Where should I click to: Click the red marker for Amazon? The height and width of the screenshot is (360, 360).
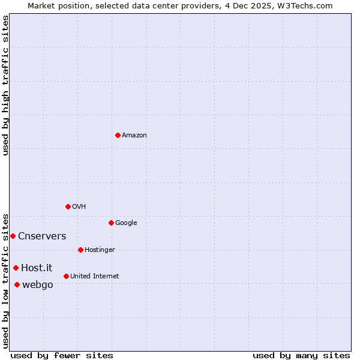click(x=118, y=135)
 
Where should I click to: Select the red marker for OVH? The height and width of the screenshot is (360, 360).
click(x=68, y=206)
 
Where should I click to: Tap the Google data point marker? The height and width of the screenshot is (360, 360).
click(x=111, y=223)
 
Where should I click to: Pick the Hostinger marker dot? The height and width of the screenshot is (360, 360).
click(x=80, y=250)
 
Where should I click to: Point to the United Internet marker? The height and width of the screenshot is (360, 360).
click(x=66, y=276)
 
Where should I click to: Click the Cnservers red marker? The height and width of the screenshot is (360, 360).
click(x=13, y=236)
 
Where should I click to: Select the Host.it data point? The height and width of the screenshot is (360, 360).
click(x=16, y=268)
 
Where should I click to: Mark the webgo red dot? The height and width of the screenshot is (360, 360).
click(x=17, y=284)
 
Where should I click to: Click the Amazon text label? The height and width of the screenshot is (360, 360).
click(x=134, y=136)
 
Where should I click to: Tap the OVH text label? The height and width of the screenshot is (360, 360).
click(x=79, y=207)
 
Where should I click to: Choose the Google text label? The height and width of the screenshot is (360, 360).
click(x=126, y=223)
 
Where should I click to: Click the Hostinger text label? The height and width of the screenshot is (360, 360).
click(x=100, y=250)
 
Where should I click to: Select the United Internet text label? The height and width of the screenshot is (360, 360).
click(x=95, y=277)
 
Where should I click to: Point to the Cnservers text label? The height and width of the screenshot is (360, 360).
click(x=42, y=236)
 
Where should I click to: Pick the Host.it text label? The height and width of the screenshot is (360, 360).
click(x=37, y=268)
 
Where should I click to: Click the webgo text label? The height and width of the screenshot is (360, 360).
click(x=37, y=285)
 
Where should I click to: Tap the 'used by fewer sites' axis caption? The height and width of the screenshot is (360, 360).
click(x=62, y=355)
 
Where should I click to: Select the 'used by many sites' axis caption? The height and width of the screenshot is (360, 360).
click(x=301, y=355)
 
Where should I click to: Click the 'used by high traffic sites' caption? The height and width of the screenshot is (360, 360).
click(x=5, y=85)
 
